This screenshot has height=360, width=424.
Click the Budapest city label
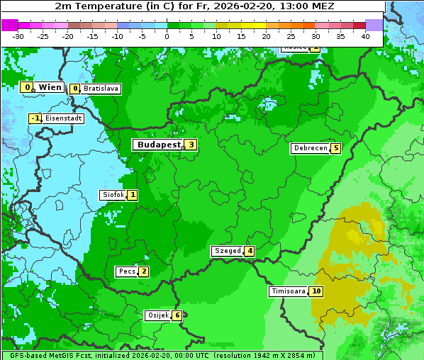pos(158,145)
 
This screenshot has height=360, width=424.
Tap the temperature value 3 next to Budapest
pos(190,145)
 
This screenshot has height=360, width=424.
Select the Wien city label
pos(50,87)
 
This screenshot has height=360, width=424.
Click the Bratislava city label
pos(101,89)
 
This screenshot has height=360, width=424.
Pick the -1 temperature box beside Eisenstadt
pos(35,118)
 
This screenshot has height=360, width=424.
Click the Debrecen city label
pos(310,149)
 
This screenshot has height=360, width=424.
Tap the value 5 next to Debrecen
pos(335,149)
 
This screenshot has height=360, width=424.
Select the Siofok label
pos(113,195)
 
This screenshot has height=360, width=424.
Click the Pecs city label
pos(127,271)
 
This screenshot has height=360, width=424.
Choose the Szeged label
pos(228,251)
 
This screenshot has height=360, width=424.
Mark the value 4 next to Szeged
pos(249,251)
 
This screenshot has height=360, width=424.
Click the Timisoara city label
pos(289,291)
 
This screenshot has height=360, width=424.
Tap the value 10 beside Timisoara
pos(316,291)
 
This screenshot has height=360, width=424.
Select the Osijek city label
pos(157,315)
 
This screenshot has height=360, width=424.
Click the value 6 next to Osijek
pos(177,315)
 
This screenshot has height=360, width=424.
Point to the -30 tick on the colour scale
pos(18,36)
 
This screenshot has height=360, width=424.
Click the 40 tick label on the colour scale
pos(365,36)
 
